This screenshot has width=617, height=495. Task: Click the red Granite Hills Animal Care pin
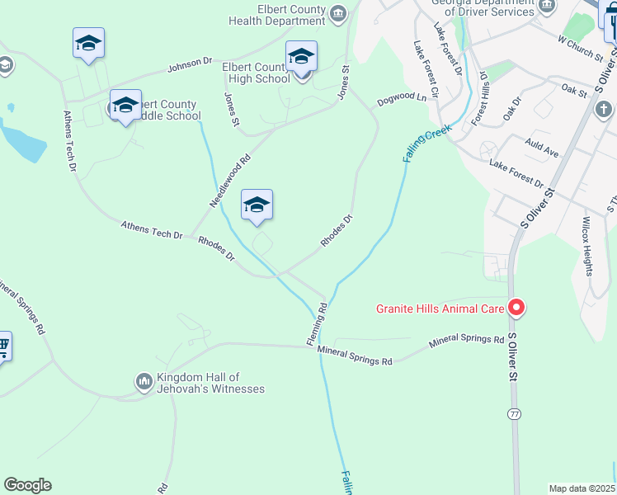click(x=516, y=308)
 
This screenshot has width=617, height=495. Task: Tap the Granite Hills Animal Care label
click(x=440, y=309)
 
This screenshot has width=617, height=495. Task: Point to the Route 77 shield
click(x=515, y=413)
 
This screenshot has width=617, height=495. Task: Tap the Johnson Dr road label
click(x=190, y=66)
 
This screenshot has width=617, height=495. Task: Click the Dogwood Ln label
click(x=402, y=98)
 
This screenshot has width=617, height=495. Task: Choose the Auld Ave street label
click(x=541, y=148)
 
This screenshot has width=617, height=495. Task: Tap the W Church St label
click(x=581, y=45)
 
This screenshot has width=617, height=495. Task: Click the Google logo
click(x=27, y=485)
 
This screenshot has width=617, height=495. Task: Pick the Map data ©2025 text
click(x=582, y=488)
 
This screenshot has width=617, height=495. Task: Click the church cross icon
click(x=603, y=109)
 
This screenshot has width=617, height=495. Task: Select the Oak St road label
click(x=572, y=89)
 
